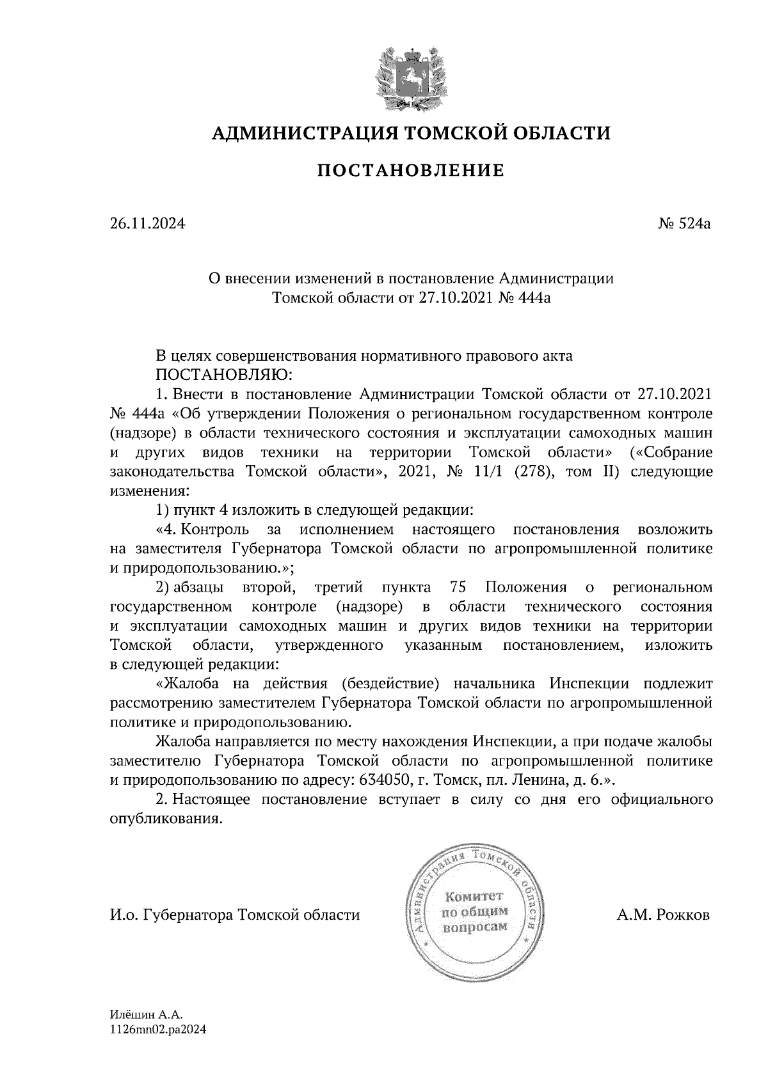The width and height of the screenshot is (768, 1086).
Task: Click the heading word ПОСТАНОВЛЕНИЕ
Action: coord(411,171)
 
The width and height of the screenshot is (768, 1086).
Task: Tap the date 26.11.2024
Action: coord(148,224)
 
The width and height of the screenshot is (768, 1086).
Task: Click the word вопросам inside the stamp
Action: coord(474,927)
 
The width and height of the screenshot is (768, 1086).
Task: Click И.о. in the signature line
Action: coord(123,915)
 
